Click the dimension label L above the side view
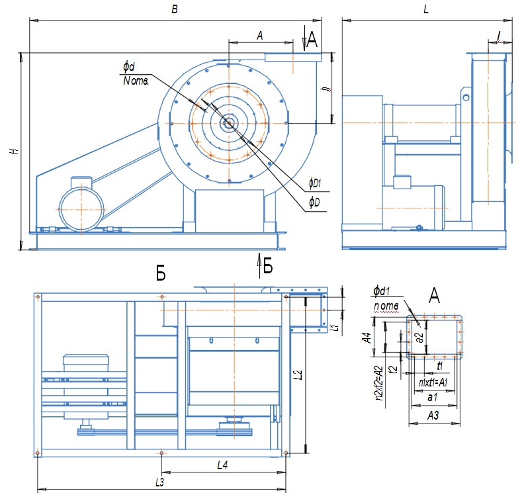[425, 10]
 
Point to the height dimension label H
[13, 152]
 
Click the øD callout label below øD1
[314, 201]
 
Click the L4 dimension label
[223, 466]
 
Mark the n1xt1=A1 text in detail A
[434, 382]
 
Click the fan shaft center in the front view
[228, 122]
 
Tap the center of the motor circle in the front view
[80, 207]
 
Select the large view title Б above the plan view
[161, 275]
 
